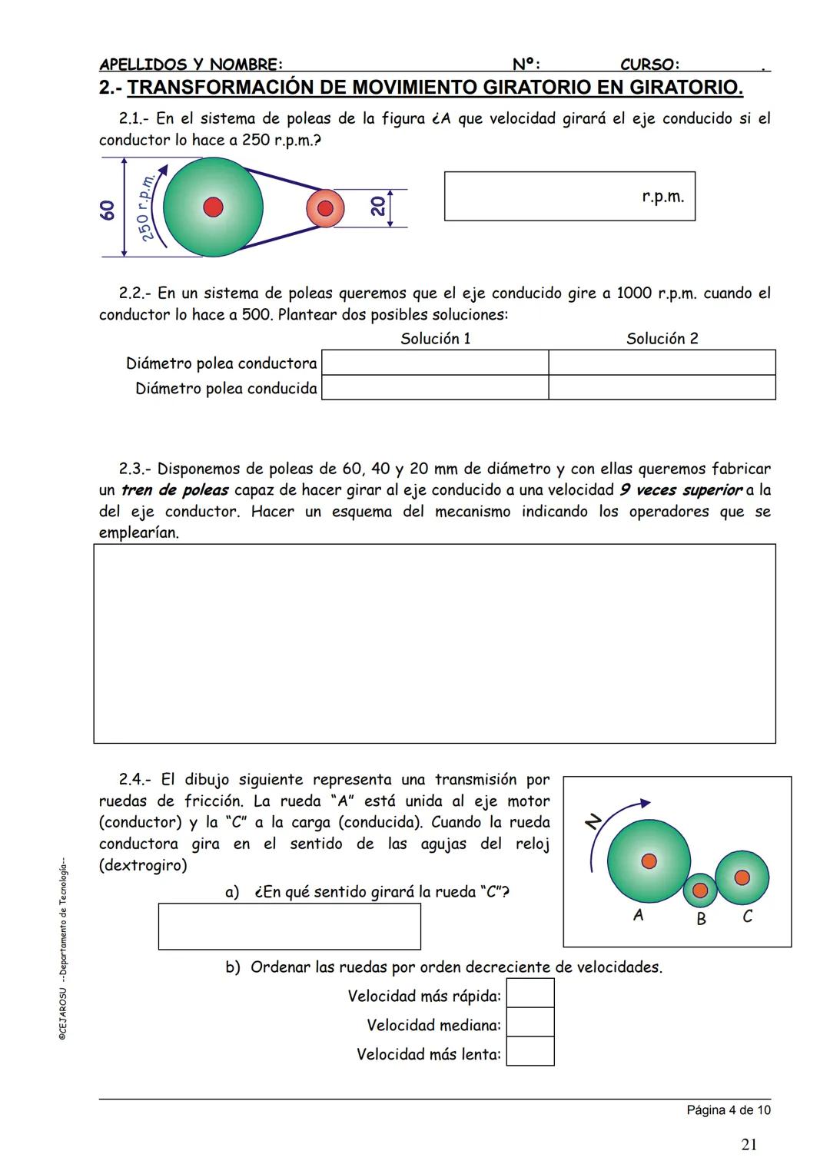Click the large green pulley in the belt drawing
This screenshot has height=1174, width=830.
pos(213,207)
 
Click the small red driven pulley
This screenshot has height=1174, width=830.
pos(325,208)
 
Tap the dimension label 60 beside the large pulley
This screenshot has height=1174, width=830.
pos(108,209)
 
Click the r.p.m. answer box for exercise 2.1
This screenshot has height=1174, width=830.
pos(569,197)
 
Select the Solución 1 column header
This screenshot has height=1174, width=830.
pos(435,339)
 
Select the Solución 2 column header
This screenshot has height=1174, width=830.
pos(662,339)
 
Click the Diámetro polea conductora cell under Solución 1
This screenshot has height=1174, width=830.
pos(434,363)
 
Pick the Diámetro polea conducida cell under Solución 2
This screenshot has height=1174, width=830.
pos(662,387)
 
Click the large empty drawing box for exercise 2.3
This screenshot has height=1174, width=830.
pos(434,644)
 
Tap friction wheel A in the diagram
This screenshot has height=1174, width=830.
pos(649,861)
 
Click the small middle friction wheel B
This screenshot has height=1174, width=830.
pos(699,890)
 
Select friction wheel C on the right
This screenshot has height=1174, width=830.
pos(742,877)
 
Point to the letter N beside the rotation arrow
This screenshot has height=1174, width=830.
pos(593,822)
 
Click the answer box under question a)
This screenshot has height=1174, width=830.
pos(289,927)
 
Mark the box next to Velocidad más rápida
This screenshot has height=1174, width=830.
pos(530,993)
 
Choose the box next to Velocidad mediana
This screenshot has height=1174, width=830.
pos(530,1023)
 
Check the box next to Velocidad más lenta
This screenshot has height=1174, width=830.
pos(530,1051)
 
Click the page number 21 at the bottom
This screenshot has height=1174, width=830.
pos(749,1145)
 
